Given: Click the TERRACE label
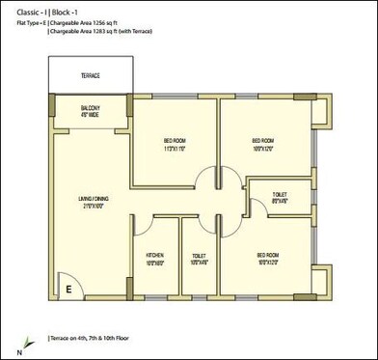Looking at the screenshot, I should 91,75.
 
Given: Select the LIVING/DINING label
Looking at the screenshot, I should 94,199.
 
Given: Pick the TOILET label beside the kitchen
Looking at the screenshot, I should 200,255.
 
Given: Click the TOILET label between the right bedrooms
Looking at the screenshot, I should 280,194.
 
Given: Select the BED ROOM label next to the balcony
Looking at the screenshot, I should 175,142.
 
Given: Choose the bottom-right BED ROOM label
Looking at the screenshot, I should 268,255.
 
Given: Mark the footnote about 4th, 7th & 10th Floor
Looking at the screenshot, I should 91,337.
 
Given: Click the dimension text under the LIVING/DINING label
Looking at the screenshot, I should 94,207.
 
